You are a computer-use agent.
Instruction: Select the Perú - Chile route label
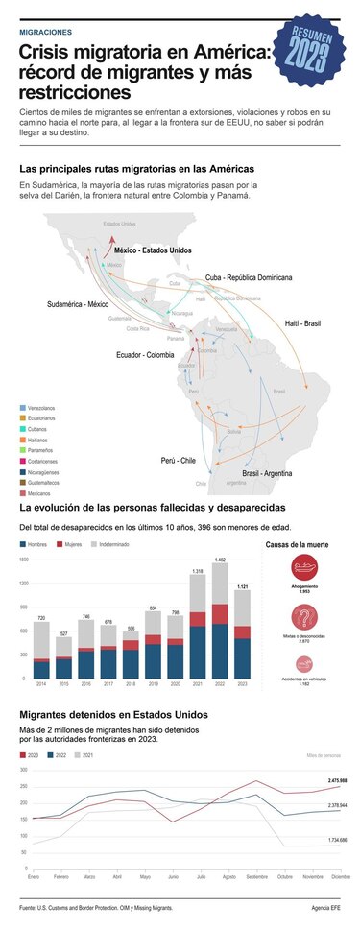[x=179, y=461]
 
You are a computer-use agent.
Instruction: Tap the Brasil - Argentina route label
[x=267, y=473]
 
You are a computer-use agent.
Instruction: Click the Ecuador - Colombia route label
[x=146, y=354]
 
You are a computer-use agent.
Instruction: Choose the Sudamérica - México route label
[x=78, y=304]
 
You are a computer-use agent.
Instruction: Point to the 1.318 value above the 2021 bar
[x=197, y=572]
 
